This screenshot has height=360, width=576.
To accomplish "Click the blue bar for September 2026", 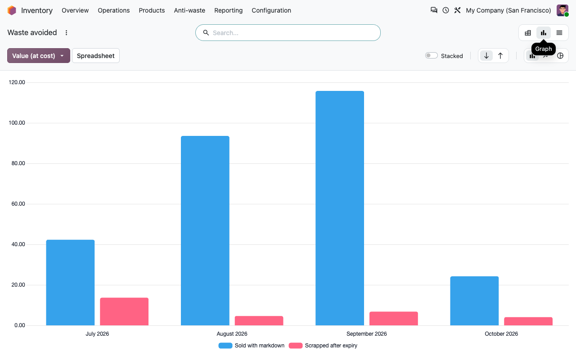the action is click(340, 208).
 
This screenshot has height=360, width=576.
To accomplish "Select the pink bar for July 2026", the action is click(124, 311).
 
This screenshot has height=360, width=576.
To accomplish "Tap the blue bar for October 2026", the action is click(474, 301).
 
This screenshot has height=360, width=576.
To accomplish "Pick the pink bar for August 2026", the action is click(259, 321).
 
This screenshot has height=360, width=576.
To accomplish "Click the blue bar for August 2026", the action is click(205, 231).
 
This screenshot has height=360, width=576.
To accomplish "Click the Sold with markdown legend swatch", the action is click(225, 346).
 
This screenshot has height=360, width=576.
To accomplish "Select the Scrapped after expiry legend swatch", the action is click(296, 346).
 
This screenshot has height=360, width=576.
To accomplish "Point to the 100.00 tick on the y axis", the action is click(17, 123).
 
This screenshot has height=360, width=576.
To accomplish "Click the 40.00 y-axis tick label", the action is click(18, 244).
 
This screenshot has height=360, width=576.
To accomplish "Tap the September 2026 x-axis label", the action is click(366, 334).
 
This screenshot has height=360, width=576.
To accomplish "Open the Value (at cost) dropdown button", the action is click(39, 55).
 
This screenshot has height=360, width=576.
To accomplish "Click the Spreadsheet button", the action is click(96, 55).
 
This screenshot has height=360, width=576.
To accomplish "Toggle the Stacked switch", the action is click(431, 55).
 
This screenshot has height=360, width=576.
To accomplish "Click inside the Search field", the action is click(288, 33).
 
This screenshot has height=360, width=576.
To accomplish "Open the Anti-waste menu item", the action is click(189, 10).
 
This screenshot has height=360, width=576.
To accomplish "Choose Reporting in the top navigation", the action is click(228, 10).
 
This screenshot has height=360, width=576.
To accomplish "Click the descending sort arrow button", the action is click(486, 55).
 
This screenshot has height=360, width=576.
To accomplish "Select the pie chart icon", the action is click(560, 55).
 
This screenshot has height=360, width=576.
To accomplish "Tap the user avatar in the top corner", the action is click(562, 10).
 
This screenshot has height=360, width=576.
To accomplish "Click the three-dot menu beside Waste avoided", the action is click(66, 33).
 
